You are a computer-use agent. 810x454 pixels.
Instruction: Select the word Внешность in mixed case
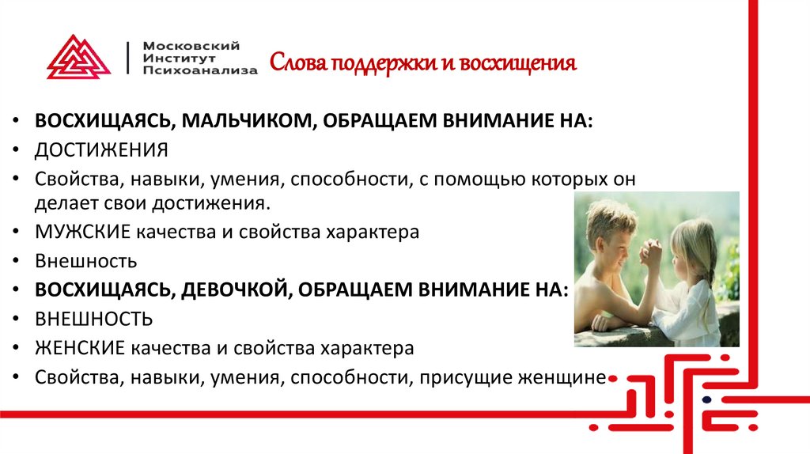pos(86,261)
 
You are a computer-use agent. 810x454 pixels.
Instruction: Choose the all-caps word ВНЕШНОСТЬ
pos(93,319)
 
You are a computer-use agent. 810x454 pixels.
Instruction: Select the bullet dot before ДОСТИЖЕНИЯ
pos(17,150)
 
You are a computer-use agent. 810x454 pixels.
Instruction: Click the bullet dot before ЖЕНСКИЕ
pos(17,348)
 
